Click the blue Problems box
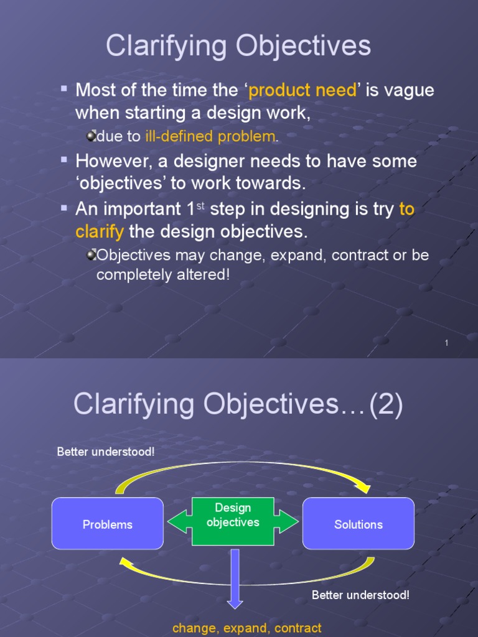click(108, 524)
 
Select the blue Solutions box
click(358, 524)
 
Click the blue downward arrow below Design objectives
click(235, 579)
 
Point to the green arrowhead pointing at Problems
click(177, 522)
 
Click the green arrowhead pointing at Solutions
click(288, 522)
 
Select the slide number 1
click(447, 343)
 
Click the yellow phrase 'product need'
click(303, 90)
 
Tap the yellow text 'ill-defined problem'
click(210, 136)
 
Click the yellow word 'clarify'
click(100, 232)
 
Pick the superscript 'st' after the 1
click(200, 205)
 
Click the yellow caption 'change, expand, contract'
click(247, 628)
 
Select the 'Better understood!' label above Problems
click(105, 452)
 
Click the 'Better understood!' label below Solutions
click(360, 595)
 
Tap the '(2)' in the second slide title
click(386, 406)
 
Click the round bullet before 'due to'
click(91, 136)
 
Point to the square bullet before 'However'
click(63, 159)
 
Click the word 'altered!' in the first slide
click(206, 274)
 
